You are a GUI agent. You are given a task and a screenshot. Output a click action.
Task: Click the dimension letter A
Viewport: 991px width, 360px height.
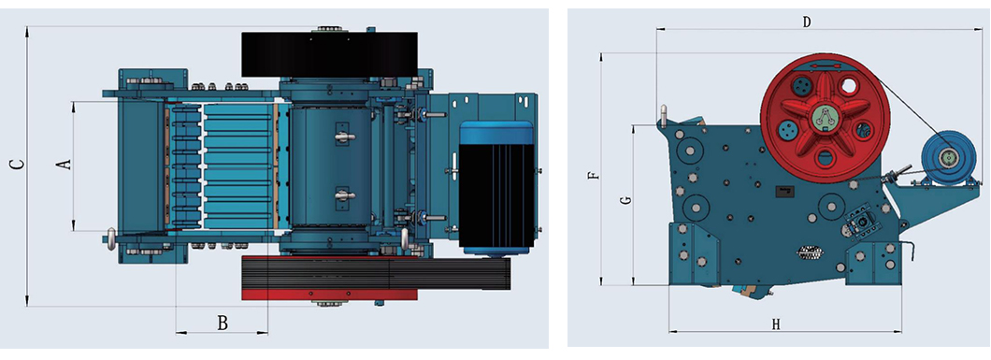64,165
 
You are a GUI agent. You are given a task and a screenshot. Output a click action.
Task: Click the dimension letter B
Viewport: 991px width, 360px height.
223,324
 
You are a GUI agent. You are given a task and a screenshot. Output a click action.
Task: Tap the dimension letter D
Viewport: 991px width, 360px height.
807,22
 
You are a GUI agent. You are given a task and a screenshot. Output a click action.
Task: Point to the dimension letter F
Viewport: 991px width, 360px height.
593,175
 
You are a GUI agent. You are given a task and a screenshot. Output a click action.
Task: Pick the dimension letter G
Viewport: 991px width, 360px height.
625,199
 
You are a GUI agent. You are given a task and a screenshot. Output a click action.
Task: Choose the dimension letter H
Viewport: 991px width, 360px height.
776,324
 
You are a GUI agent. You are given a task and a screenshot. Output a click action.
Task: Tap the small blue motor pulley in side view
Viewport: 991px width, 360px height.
945,156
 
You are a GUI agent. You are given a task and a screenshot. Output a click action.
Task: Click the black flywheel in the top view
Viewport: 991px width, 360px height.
329,54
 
